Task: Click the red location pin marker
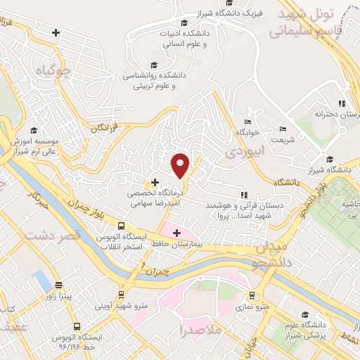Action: coord(181,165)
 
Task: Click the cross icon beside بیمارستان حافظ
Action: coord(176,232)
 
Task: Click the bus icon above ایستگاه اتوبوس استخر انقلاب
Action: coord(122,226)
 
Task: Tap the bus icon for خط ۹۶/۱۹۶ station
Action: coord(77,327)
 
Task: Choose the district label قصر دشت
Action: coord(53,236)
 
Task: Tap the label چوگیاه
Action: coord(57,71)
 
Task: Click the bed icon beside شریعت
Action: coord(283,129)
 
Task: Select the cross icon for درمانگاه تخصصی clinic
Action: coord(155,182)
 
